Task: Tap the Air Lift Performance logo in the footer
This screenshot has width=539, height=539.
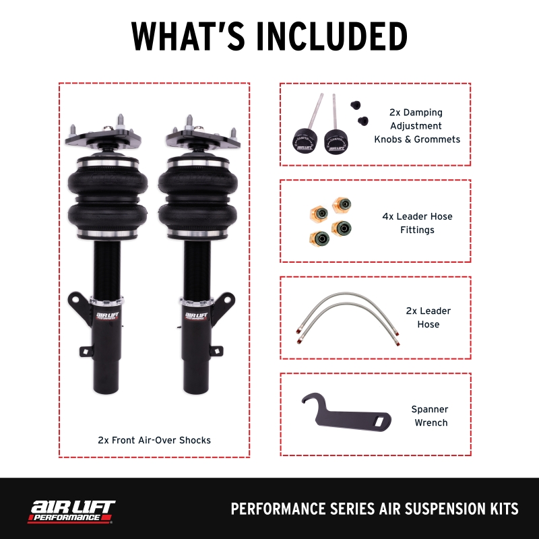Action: (71, 509)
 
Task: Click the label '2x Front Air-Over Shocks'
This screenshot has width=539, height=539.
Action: (154, 440)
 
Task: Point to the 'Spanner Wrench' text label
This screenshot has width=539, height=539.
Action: (429, 416)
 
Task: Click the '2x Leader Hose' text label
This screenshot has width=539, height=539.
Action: (428, 317)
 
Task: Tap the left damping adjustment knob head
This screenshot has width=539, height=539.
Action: (305, 141)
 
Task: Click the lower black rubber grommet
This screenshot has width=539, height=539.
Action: (364, 121)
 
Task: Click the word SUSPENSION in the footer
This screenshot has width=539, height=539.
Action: (413, 509)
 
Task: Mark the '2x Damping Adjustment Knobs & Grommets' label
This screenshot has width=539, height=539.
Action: (417, 126)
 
